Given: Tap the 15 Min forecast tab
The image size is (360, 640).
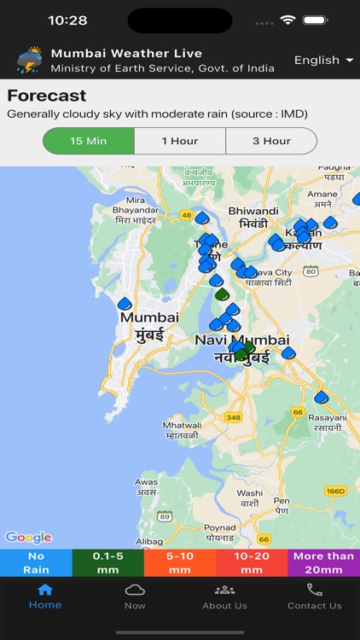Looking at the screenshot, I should point(89,141).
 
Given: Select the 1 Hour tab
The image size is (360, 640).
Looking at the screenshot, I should point(180,141).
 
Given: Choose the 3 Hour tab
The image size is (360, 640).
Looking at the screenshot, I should point(271,141).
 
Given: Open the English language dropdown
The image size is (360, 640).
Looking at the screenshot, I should point(323,61).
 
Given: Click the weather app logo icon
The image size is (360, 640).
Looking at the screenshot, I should point(29,61).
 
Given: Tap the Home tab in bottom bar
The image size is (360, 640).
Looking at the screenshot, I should point(45,596).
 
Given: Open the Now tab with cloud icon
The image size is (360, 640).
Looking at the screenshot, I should point(135,596).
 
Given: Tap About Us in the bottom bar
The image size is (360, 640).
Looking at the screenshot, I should point(224,596).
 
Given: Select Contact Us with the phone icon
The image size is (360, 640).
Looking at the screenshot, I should point(314,596).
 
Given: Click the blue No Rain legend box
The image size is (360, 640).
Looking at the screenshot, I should point(36,562).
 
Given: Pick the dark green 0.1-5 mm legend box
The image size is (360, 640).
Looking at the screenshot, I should point(107,562).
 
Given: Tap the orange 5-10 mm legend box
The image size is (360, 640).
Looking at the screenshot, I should point(179,562).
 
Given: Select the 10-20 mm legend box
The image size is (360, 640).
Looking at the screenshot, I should point(252,562).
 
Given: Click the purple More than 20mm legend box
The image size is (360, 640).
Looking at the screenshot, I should point(323,562).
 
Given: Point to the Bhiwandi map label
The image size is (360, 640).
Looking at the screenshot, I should point(253,217).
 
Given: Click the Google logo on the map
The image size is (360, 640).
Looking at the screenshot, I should point(28,538).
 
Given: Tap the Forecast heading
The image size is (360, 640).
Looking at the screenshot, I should point(47,96).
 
